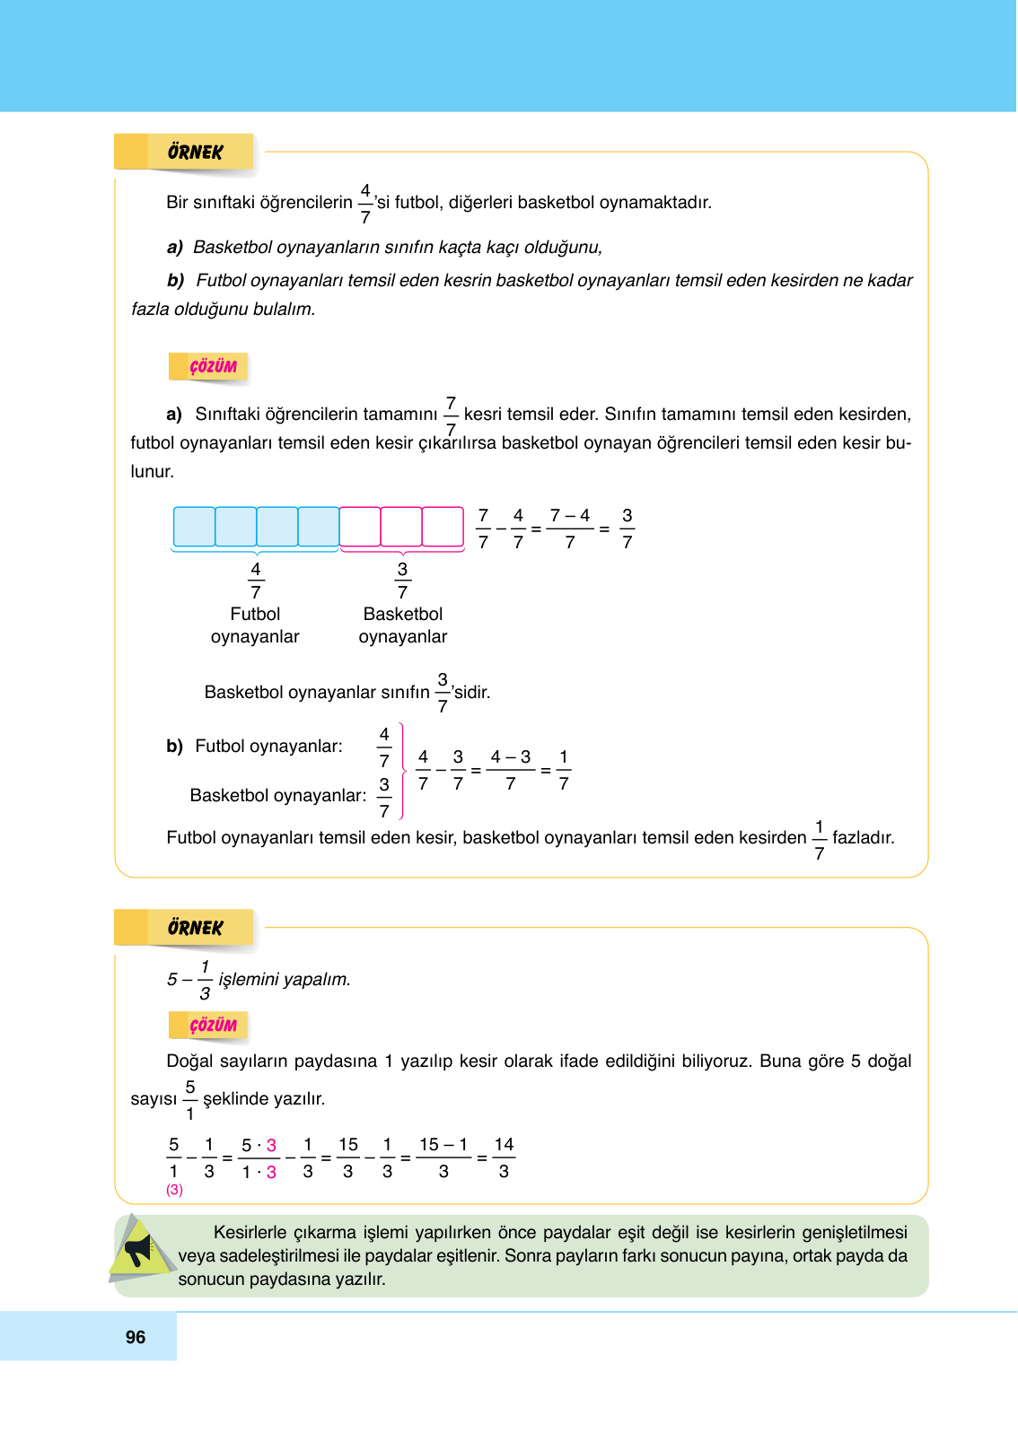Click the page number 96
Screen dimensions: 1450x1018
click(x=136, y=1337)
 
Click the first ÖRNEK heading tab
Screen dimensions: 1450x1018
click(x=195, y=152)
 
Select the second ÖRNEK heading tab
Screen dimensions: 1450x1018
click(x=195, y=928)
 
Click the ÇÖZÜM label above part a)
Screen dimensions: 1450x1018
click(x=213, y=366)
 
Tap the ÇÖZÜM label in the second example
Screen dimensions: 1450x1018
click(x=213, y=1025)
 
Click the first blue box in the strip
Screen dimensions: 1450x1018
click(x=194, y=527)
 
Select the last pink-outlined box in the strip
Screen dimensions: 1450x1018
click(x=443, y=527)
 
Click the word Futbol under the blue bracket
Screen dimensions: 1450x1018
click(x=255, y=614)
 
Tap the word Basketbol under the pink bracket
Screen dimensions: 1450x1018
click(x=403, y=614)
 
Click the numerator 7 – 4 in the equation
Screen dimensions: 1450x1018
click(x=570, y=516)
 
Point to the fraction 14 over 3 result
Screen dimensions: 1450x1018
click(x=504, y=1157)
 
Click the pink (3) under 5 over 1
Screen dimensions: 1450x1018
click(x=174, y=1190)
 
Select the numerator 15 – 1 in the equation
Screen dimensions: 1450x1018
click(x=443, y=1145)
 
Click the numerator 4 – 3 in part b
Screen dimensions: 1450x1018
click(x=511, y=757)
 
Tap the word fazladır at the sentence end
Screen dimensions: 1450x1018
click(x=863, y=837)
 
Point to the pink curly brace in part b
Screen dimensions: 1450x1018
click(x=402, y=771)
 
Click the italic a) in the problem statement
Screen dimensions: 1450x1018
click(x=175, y=247)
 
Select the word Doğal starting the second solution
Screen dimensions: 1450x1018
click(x=189, y=1061)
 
